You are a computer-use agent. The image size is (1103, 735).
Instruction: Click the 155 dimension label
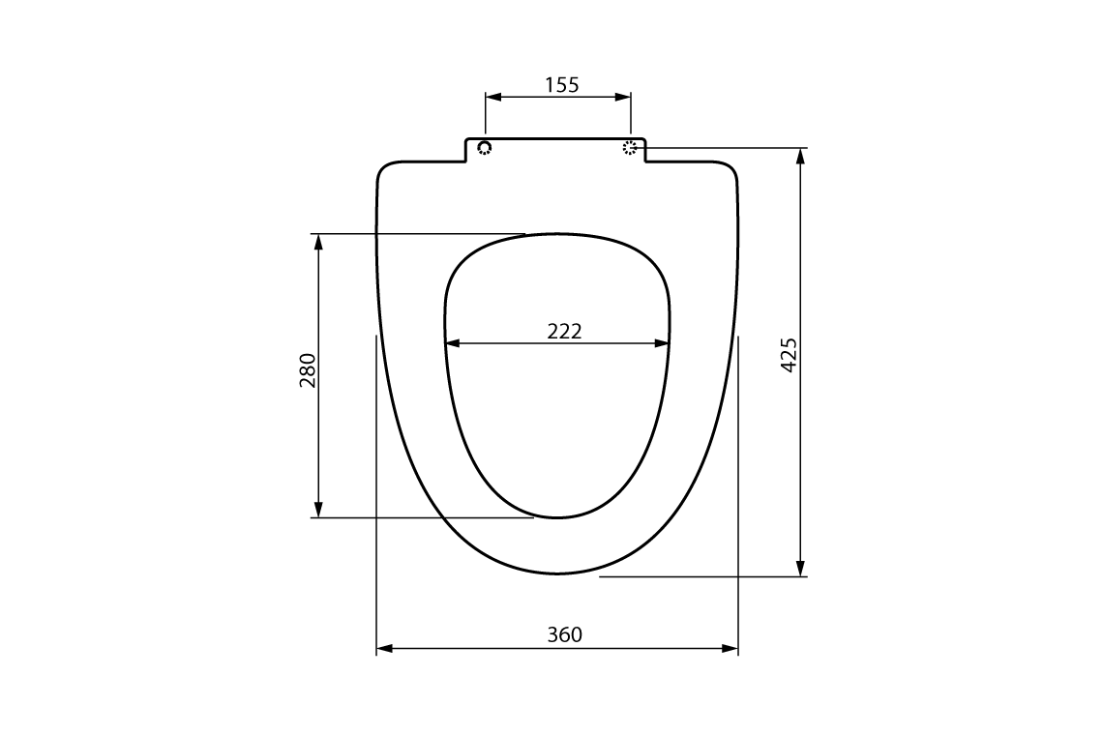coord(561,85)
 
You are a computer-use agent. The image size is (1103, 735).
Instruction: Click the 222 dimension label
coord(564,331)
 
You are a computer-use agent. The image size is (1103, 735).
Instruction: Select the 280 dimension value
coord(308,370)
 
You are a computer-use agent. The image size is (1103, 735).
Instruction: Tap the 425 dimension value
coord(789,355)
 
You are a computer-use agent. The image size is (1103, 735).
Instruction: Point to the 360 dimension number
coord(564,634)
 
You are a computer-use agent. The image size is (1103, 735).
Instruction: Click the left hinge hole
coord(485,147)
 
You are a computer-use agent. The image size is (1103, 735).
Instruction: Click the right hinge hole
coord(631,147)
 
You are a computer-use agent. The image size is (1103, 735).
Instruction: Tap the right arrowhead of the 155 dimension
coord(624,97)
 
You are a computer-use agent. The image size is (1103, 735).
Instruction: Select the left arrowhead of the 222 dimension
coord(452,342)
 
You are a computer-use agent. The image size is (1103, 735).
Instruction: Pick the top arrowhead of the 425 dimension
coord(800,156)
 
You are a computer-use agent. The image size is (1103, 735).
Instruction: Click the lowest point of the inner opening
coord(558,517)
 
